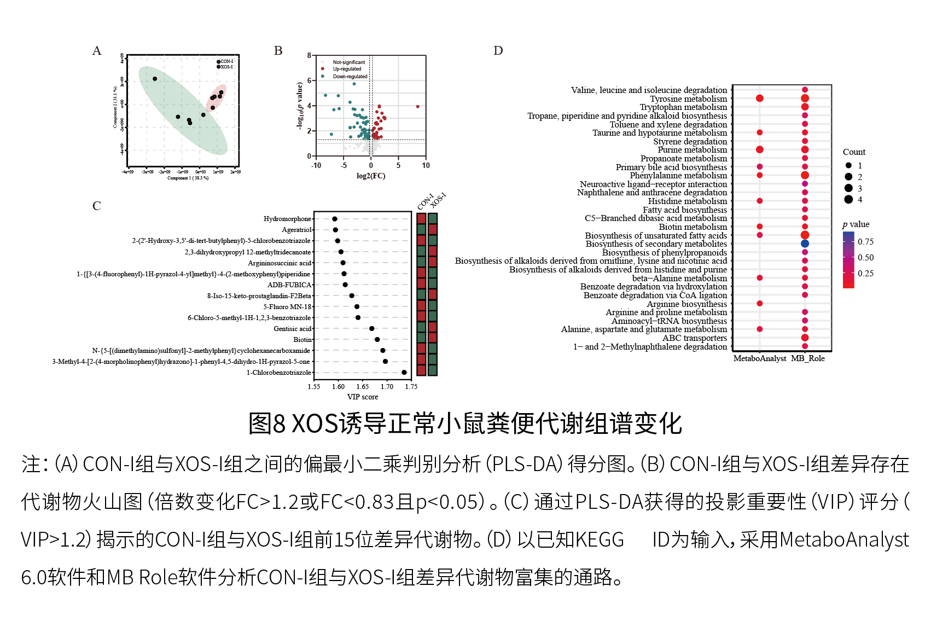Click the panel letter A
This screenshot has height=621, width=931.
pyautogui.click(x=97, y=51)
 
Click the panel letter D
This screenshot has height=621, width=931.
pyautogui.click(x=498, y=51)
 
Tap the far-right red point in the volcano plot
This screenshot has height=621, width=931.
pyautogui.click(x=418, y=107)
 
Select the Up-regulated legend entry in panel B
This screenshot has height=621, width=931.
pyautogui.click(x=347, y=69)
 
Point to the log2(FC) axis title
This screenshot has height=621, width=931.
pyautogui.click(x=371, y=176)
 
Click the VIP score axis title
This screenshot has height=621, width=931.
pyautogui.click(x=362, y=397)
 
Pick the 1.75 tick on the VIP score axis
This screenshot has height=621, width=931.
pyautogui.click(x=411, y=387)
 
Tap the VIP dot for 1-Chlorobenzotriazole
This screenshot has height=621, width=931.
pyautogui.click(x=404, y=373)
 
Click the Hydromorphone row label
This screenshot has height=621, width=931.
pyautogui.click(x=287, y=219)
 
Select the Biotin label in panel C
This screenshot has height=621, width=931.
pyautogui.click(x=302, y=340)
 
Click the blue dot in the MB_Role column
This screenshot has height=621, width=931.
pyautogui.click(x=805, y=243)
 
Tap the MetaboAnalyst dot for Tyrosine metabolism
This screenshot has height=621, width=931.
pyautogui.click(x=759, y=98)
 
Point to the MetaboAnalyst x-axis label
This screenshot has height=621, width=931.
pyautogui.click(x=760, y=358)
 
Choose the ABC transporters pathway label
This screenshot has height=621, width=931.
pyautogui.click(x=695, y=338)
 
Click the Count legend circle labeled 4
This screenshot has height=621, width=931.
pyautogui.click(x=848, y=200)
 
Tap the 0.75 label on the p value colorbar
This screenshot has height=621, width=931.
pyautogui.click(x=865, y=242)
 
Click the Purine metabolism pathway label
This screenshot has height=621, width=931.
pyautogui.click(x=692, y=150)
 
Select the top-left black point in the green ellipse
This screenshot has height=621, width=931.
pyautogui.click(x=155, y=79)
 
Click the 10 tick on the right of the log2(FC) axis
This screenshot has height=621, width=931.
pyautogui.click(x=426, y=165)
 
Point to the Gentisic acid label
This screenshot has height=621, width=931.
pyautogui.click(x=292, y=329)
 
